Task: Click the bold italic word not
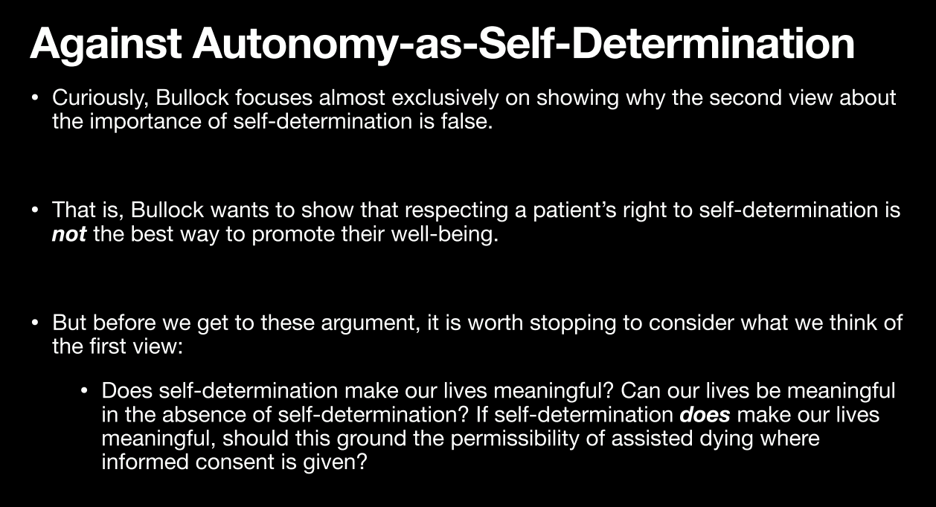(69, 234)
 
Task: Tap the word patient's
(574, 210)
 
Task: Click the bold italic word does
(705, 415)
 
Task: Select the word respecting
(456, 210)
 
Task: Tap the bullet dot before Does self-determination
(84, 391)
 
